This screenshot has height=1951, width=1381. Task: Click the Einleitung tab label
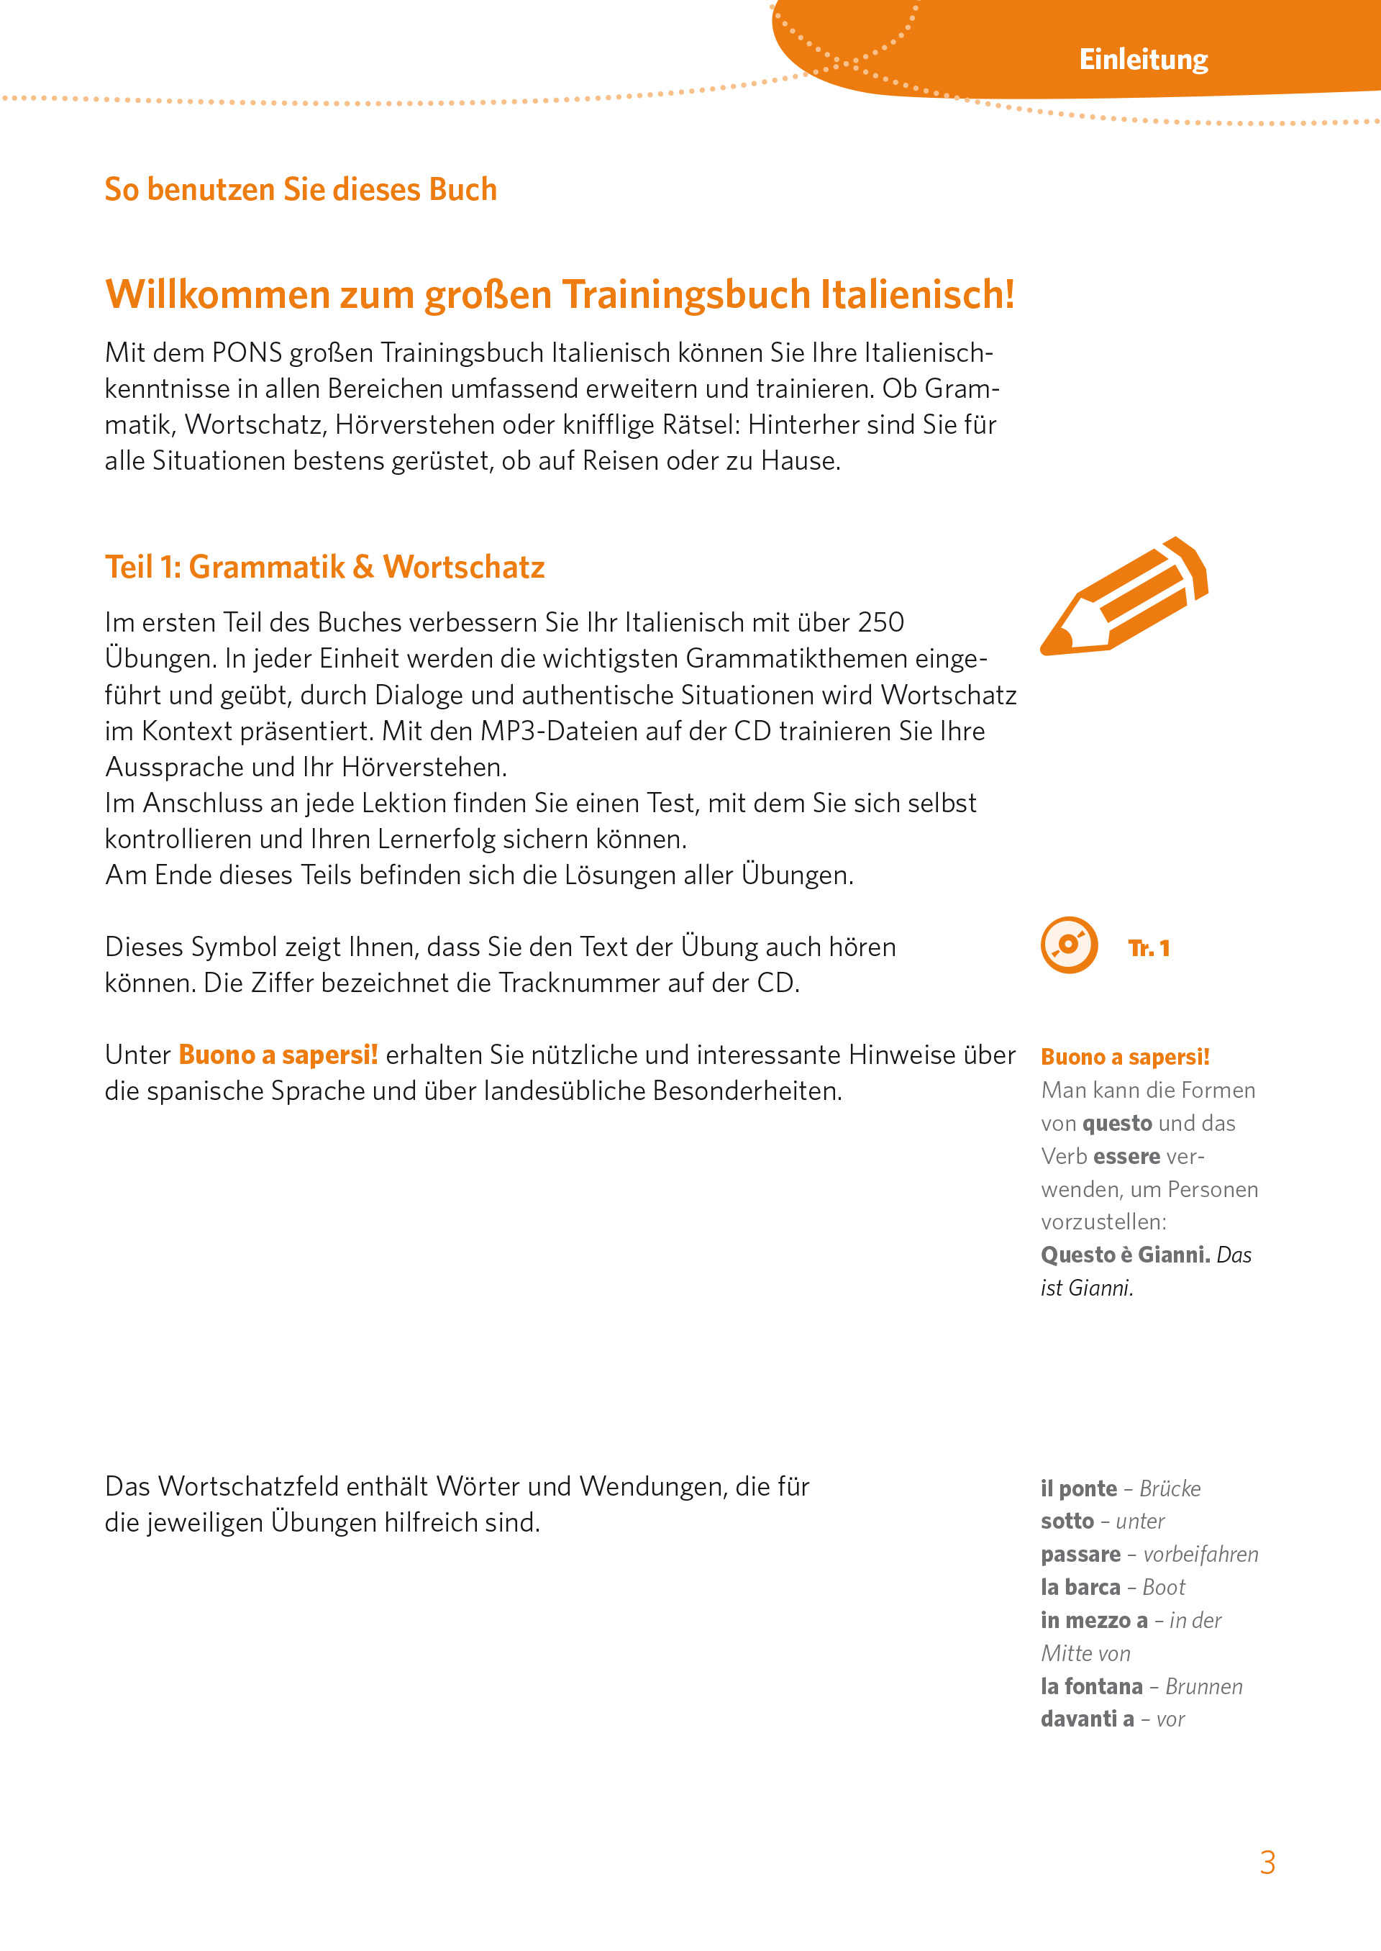[1143, 60]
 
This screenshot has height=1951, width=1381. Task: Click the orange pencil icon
[1124, 597]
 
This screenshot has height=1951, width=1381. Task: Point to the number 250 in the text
[880, 622]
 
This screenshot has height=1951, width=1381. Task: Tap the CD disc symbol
[1069, 945]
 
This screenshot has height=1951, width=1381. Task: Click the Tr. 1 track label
[1148, 948]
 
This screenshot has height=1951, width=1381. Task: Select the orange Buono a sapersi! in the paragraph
[278, 1055]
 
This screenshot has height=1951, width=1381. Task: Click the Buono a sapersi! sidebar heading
[1124, 1057]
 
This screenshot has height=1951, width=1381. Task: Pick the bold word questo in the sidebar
[1116, 1124]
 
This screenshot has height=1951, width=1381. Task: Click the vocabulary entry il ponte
[1078, 1489]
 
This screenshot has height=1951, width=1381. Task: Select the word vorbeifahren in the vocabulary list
[1200, 1555]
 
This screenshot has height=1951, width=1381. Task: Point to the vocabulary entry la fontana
[1091, 1686]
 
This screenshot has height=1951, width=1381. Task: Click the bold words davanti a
[1087, 1719]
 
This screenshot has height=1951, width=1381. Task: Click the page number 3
[1267, 1863]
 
